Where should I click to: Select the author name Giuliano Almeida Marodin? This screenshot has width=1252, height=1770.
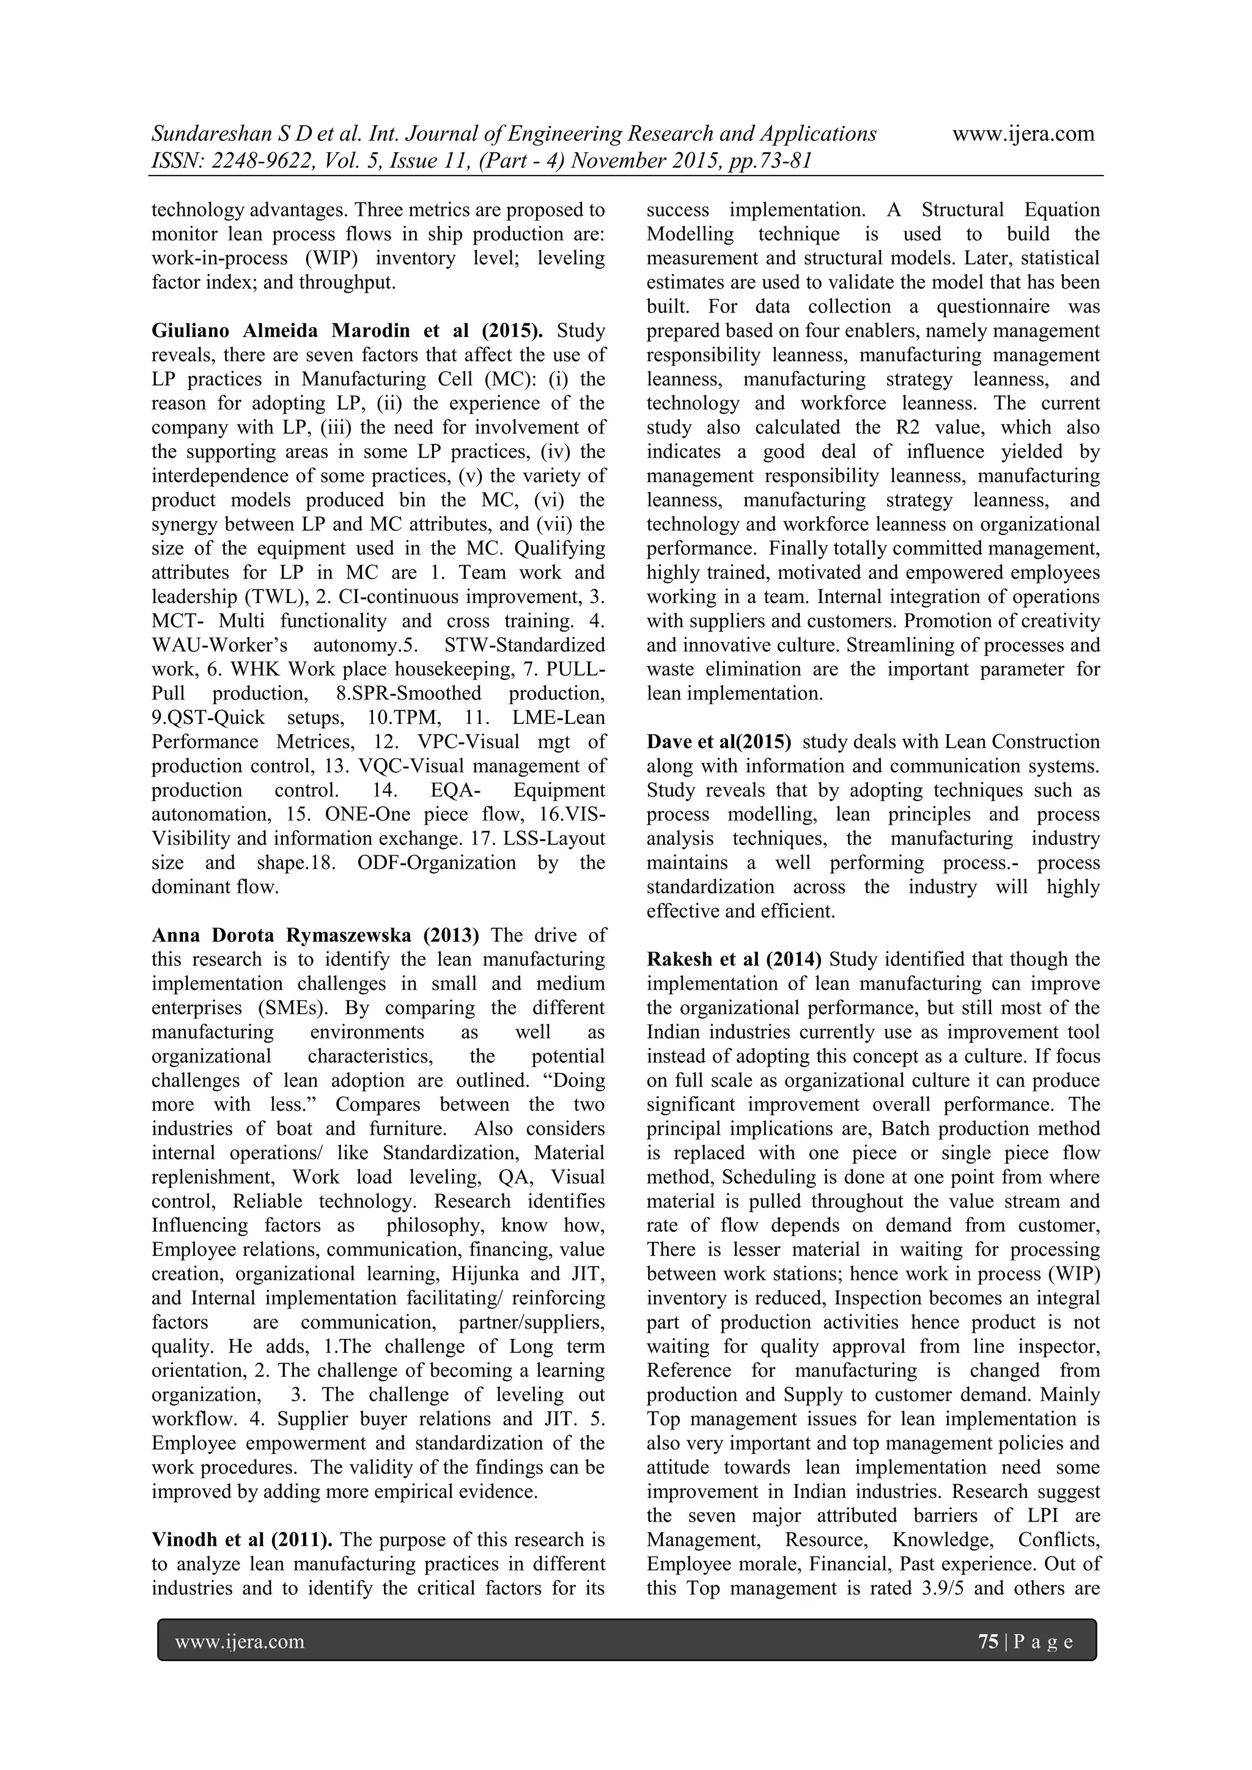[286, 331]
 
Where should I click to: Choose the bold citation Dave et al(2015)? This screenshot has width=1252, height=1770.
[718, 742]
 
